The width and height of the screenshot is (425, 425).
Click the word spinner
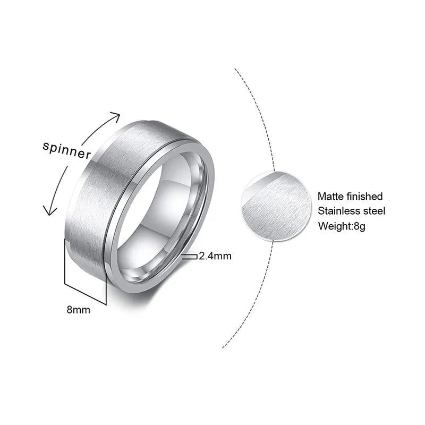click(x=66, y=150)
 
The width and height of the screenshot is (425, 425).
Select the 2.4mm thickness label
click(x=215, y=256)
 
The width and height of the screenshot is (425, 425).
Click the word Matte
click(x=330, y=197)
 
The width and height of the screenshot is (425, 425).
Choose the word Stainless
click(x=338, y=211)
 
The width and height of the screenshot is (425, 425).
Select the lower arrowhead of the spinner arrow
click(x=49, y=211)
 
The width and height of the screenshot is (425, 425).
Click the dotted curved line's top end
click(x=235, y=69)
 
